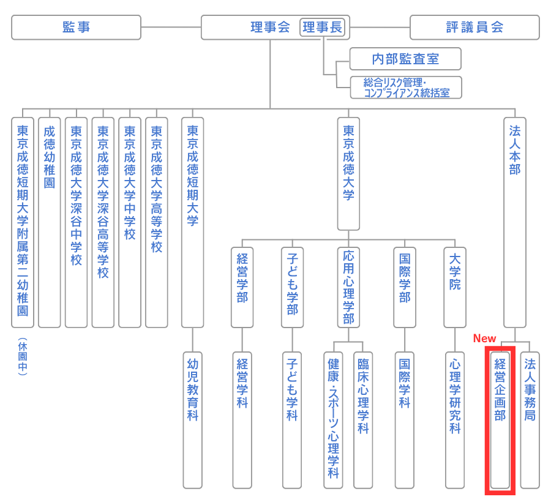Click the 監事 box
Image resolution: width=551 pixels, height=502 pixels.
click(76, 28)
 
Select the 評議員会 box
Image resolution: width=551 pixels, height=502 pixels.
click(474, 28)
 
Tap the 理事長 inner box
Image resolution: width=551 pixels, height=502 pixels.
click(323, 27)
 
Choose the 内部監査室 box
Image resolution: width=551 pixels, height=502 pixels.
click(405, 59)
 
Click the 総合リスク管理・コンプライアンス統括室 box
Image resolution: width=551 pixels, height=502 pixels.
click(405, 88)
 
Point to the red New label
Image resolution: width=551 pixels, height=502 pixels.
click(484, 339)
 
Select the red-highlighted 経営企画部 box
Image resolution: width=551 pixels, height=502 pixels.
click(500, 420)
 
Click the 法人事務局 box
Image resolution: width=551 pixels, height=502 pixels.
click(530, 420)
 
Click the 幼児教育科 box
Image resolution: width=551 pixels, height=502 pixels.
click(193, 420)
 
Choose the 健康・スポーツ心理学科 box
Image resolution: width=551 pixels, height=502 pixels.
click(333, 420)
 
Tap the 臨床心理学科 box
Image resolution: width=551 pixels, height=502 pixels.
click(363, 420)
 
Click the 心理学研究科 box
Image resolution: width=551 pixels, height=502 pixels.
click(455, 420)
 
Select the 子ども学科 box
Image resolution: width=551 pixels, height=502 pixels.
click(292, 420)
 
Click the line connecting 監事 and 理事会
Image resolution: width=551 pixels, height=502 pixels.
click(171, 28)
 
